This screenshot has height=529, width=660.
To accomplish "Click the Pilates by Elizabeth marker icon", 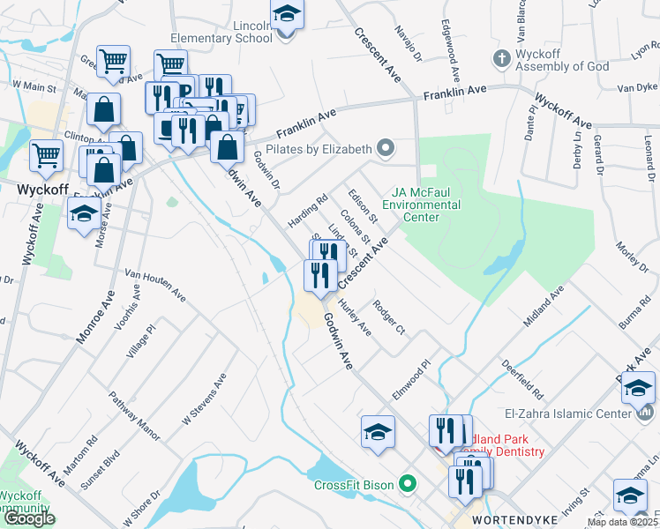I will pos(385,147).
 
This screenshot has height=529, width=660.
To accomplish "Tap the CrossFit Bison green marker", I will pos(408,483).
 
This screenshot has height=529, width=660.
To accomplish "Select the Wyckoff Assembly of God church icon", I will pos(501,58).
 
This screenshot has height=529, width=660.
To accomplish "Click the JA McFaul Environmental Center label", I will pos(427,205).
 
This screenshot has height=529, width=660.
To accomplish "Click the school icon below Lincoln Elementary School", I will pos(287,15).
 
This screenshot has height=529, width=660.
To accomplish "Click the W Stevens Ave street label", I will pos(204,399).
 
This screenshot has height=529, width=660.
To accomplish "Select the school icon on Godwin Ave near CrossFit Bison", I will pos(377,432).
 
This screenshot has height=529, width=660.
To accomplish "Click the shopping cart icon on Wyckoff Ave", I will pos(46,156).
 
